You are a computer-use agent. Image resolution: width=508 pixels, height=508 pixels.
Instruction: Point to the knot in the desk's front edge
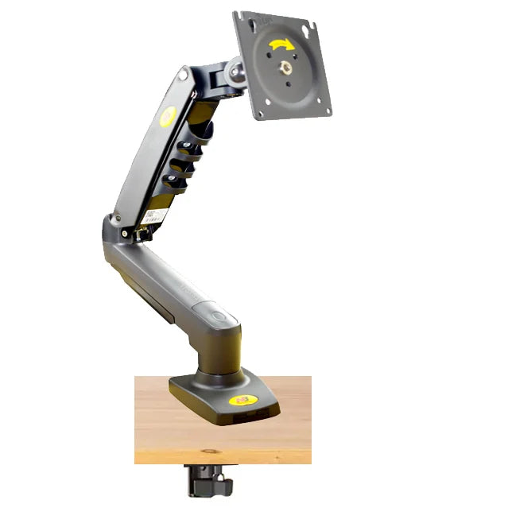210,452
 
